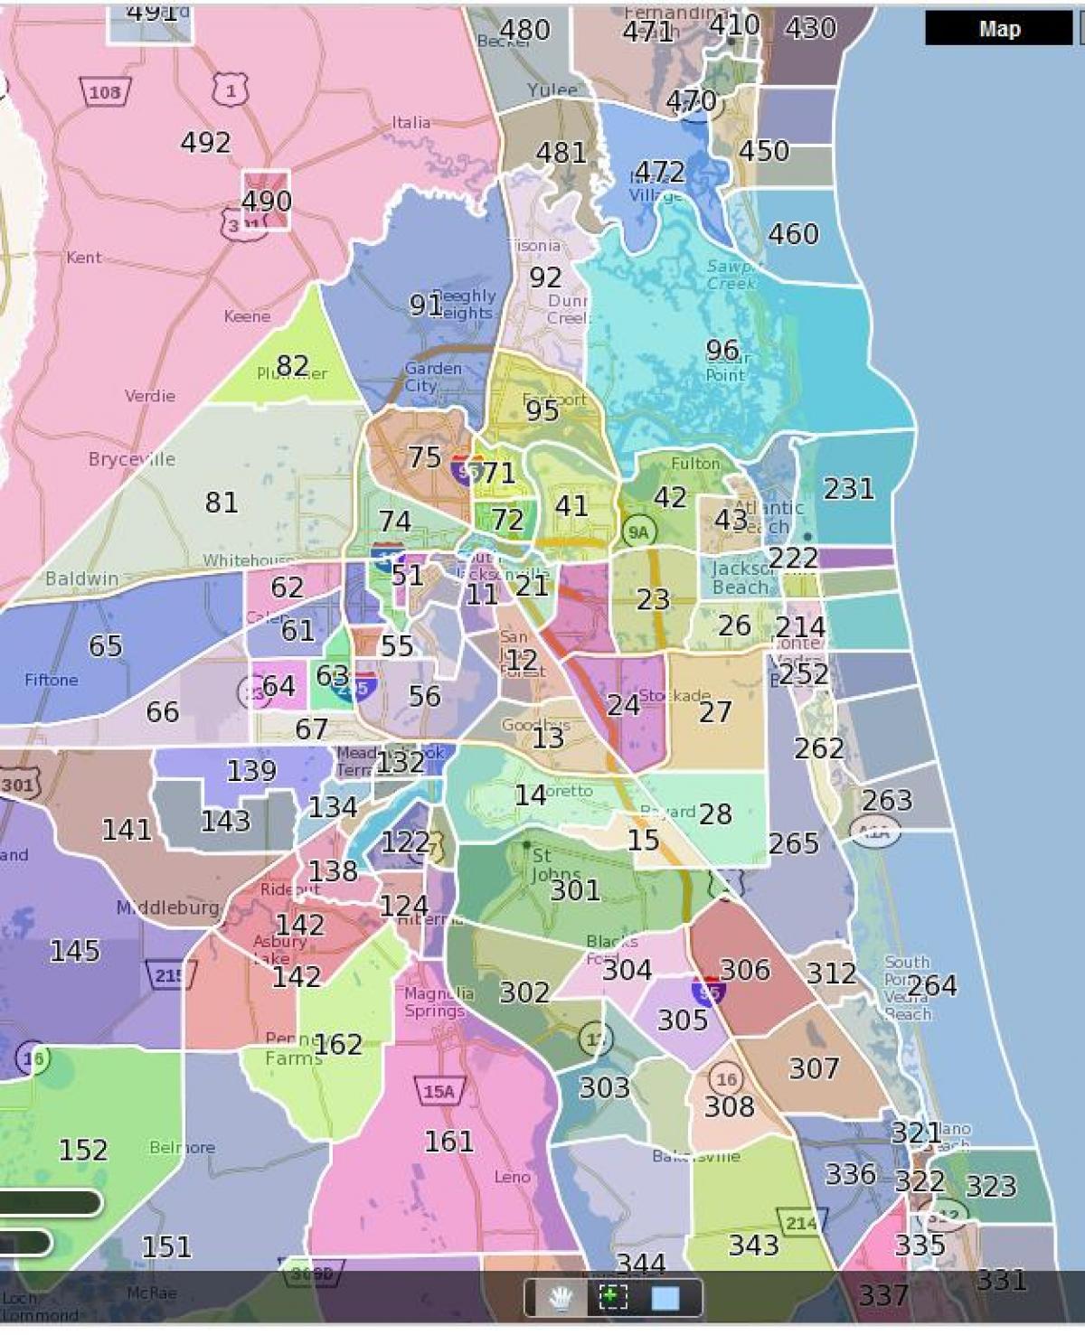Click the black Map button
pyautogui.click(x=998, y=29)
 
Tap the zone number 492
pyautogui.click(x=205, y=142)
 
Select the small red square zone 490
pyautogui.click(x=266, y=200)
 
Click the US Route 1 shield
pyautogui.click(x=231, y=89)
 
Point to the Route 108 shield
pyautogui.click(x=106, y=91)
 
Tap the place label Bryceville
pyautogui.click(x=132, y=459)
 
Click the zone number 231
pyautogui.click(x=848, y=489)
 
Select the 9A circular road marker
pyautogui.click(x=638, y=532)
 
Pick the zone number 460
pyautogui.click(x=793, y=234)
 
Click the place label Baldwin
pyautogui.click(x=81, y=578)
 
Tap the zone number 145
pyautogui.click(x=74, y=951)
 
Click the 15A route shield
pyautogui.click(x=439, y=1091)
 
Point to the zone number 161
pyautogui.click(x=448, y=1142)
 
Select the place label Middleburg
pyautogui.click(x=168, y=907)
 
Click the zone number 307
pyautogui.click(x=814, y=1068)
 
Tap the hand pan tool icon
pyautogui.click(x=562, y=1299)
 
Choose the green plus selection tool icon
pyautogui.click(x=613, y=1299)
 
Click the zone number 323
pyautogui.click(x=991, y=1186)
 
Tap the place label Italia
pyautogui.click(x=410, y=122)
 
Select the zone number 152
pyautogui.click(x=83, y=1150)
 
